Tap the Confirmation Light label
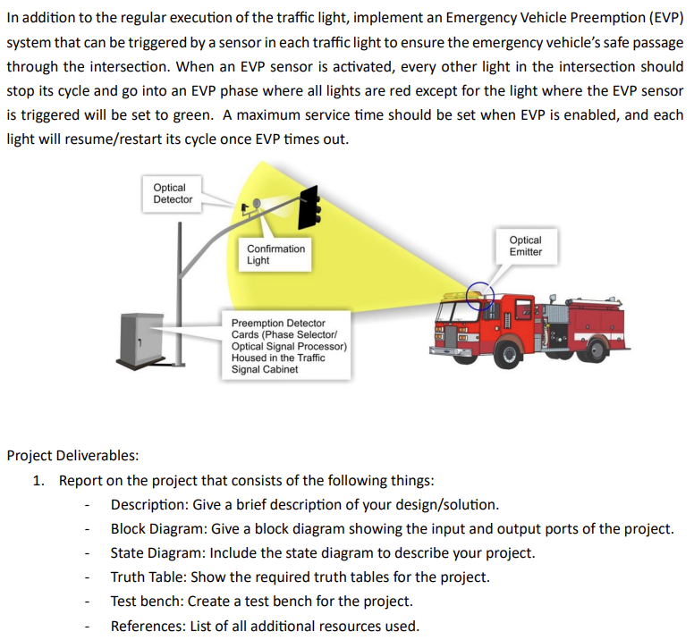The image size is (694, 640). pyautogui.click(x=275, y=255)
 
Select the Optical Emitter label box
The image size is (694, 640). pyautogui.click(x=525, y=246)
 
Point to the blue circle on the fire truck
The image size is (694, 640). pyautogui.click(x=479, y=294)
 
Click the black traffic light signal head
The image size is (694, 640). pyautogui.click(x=311, y=207)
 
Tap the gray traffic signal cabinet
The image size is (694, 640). pyautogui.click(x=140, y=339)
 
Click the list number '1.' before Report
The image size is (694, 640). pyautogui.click(x=38, y=480)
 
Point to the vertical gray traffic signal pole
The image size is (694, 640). pyautogui.click(x=182, y=295)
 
